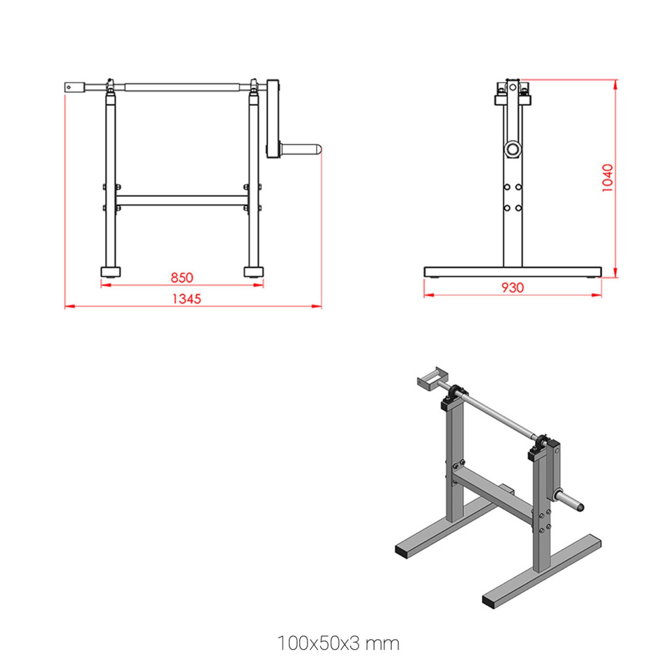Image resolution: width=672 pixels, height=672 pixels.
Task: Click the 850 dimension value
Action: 182,278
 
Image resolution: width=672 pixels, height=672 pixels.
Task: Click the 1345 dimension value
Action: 186,299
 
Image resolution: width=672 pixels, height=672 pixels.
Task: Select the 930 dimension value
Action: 512,288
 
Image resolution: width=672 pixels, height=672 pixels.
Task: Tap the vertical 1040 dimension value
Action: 608,178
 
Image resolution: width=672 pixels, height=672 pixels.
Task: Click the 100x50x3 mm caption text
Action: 338,643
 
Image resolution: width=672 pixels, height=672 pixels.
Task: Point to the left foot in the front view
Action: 110,272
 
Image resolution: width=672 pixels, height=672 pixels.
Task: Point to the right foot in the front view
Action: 254,272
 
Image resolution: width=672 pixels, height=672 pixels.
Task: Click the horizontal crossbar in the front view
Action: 182,200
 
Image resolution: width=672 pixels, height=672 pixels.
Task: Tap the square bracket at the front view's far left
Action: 75,87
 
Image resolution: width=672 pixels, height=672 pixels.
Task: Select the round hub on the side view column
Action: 513,148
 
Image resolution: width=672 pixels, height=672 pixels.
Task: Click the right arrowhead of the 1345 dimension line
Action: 318,306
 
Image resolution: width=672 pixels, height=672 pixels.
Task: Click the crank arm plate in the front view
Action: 273,119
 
